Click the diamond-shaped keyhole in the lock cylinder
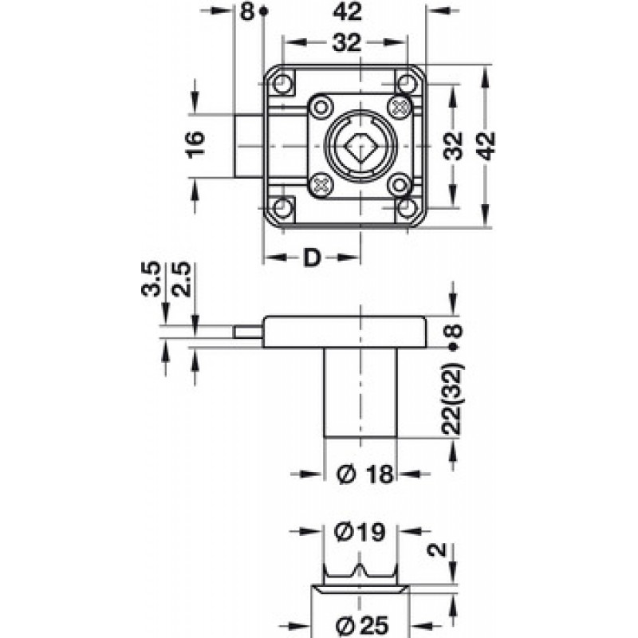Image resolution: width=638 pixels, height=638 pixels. coord(355,146)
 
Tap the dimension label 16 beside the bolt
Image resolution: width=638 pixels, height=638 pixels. coord(195,144)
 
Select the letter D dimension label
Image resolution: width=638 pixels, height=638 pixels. coord(312,258)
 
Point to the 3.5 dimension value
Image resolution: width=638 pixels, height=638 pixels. coord(152,280)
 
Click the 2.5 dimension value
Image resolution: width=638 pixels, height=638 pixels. coord(181,280)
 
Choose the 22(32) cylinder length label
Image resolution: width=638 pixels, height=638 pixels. coord(452,398)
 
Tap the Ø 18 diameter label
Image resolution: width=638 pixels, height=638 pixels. coord(365,474)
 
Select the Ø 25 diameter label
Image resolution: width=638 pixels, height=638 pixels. coord(362,628)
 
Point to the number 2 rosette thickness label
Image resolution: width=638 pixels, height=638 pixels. coord(437,549)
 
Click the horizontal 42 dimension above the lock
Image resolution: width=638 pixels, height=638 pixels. coord(347,12)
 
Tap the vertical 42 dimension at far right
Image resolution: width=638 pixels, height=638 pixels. coord(486,146)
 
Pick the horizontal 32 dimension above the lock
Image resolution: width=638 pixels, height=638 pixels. coord(347,43)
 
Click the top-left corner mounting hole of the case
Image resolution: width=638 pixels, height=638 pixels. coord(282,84)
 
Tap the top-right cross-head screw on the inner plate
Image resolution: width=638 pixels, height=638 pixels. coord(400,108)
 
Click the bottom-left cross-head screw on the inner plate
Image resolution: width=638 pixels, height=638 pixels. coord(321,186)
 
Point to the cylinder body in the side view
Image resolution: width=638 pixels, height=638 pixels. coord(360,392)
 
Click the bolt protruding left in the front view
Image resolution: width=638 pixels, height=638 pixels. coord(249,146)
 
